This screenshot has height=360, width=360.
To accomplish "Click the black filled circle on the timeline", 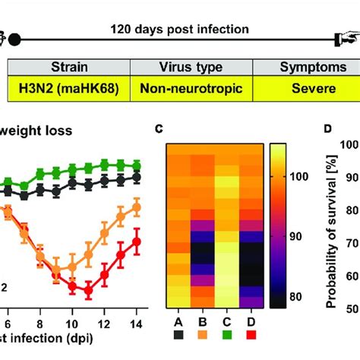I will click(x=14, y=38).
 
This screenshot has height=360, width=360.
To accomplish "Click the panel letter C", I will click(x=159, y=130).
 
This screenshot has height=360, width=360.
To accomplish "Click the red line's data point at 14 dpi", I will click(x=137, y=242).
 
